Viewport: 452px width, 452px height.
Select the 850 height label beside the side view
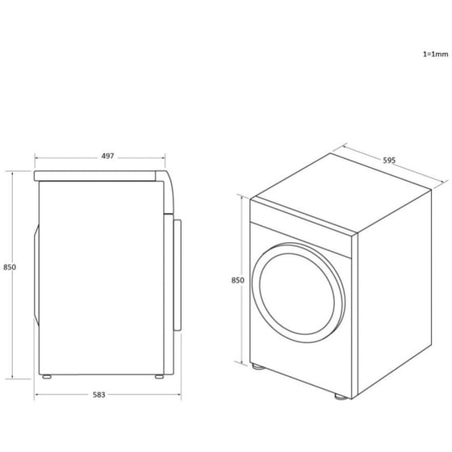(10, 267)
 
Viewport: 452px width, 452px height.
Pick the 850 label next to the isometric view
(237, 280)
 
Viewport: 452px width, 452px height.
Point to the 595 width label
(388, 161)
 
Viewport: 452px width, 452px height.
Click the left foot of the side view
(48, 377)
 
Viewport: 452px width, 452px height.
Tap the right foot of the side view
(156, 377)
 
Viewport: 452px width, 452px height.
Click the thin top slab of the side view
(97, 174)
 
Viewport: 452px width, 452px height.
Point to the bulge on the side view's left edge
(35, 274)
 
